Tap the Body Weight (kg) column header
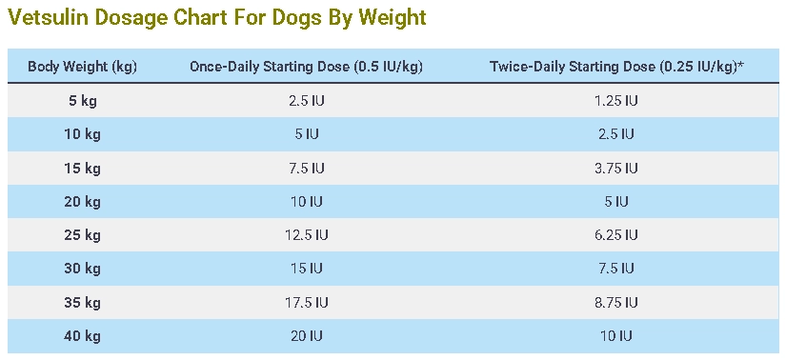(x=82, y=67)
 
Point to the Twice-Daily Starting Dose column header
(x=616, y=67)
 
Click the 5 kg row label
(x=82, y=100)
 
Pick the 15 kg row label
(x=82, y=168)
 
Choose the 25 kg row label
(x=82, y=234)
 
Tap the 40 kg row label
(x=82, y=335)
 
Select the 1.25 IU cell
(x=616, y=100)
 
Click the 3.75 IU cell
(x=616, y=168)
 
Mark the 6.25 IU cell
(x=616, y=234)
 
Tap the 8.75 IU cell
(x=616, y=302)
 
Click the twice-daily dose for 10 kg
(x=616, y=134)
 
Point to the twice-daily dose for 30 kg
(x=616, y=269)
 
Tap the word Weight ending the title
(x=393, y=18)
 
